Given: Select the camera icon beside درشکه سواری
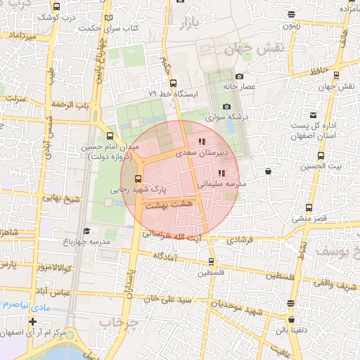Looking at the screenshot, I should tap(226, 106).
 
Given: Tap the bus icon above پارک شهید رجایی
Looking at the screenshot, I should tap(138, 178).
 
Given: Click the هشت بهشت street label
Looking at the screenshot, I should tap(167, 203).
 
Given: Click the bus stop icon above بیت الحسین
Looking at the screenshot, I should tap(321, 156).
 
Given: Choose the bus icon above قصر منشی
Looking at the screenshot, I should tap(309, 207).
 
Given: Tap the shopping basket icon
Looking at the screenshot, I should tap(268, 171).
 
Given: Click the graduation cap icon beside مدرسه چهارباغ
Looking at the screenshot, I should tap(86, 231).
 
